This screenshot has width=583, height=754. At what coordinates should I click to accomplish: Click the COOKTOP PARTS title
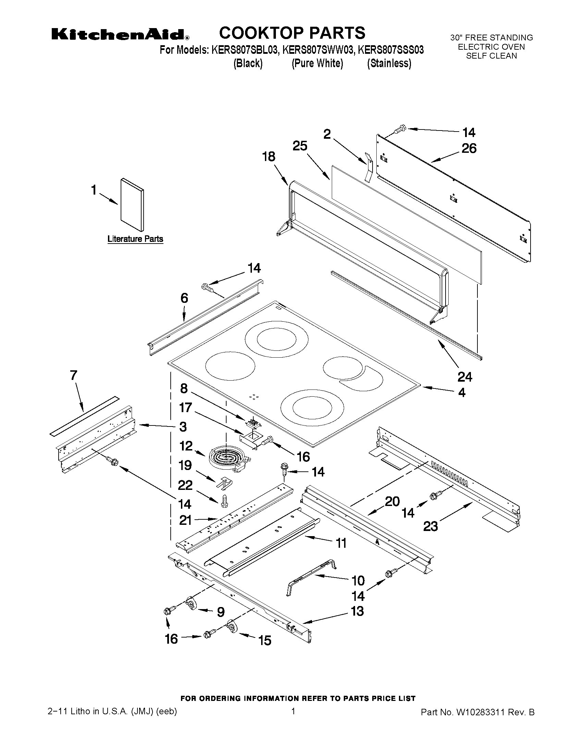coord(292,33)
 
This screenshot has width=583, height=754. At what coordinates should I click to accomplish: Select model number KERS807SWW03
coord(318,50)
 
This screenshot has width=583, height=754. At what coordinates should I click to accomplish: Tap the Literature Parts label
coord(135,239)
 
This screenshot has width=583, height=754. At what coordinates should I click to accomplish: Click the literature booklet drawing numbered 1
coord(132,205)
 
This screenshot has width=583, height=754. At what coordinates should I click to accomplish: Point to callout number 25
coord(300,146)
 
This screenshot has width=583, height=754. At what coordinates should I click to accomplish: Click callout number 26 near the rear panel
coord(469,148)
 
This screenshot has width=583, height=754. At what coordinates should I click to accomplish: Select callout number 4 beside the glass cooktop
coord(461,393)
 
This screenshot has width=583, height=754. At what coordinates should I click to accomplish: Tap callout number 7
coord(74,375)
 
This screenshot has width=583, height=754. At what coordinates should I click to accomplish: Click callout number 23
coord(430,527)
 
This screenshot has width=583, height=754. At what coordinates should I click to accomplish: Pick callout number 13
coord(357,611)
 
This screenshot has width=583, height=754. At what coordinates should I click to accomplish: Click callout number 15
coord(265,641)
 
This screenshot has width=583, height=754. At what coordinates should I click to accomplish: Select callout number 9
coord(221,612)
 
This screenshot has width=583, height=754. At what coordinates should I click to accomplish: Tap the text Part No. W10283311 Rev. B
coord(477,712)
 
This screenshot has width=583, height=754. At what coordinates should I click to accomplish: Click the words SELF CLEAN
coord(491,56)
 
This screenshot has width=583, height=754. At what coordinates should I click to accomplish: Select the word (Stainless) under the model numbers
coord(389,63)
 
